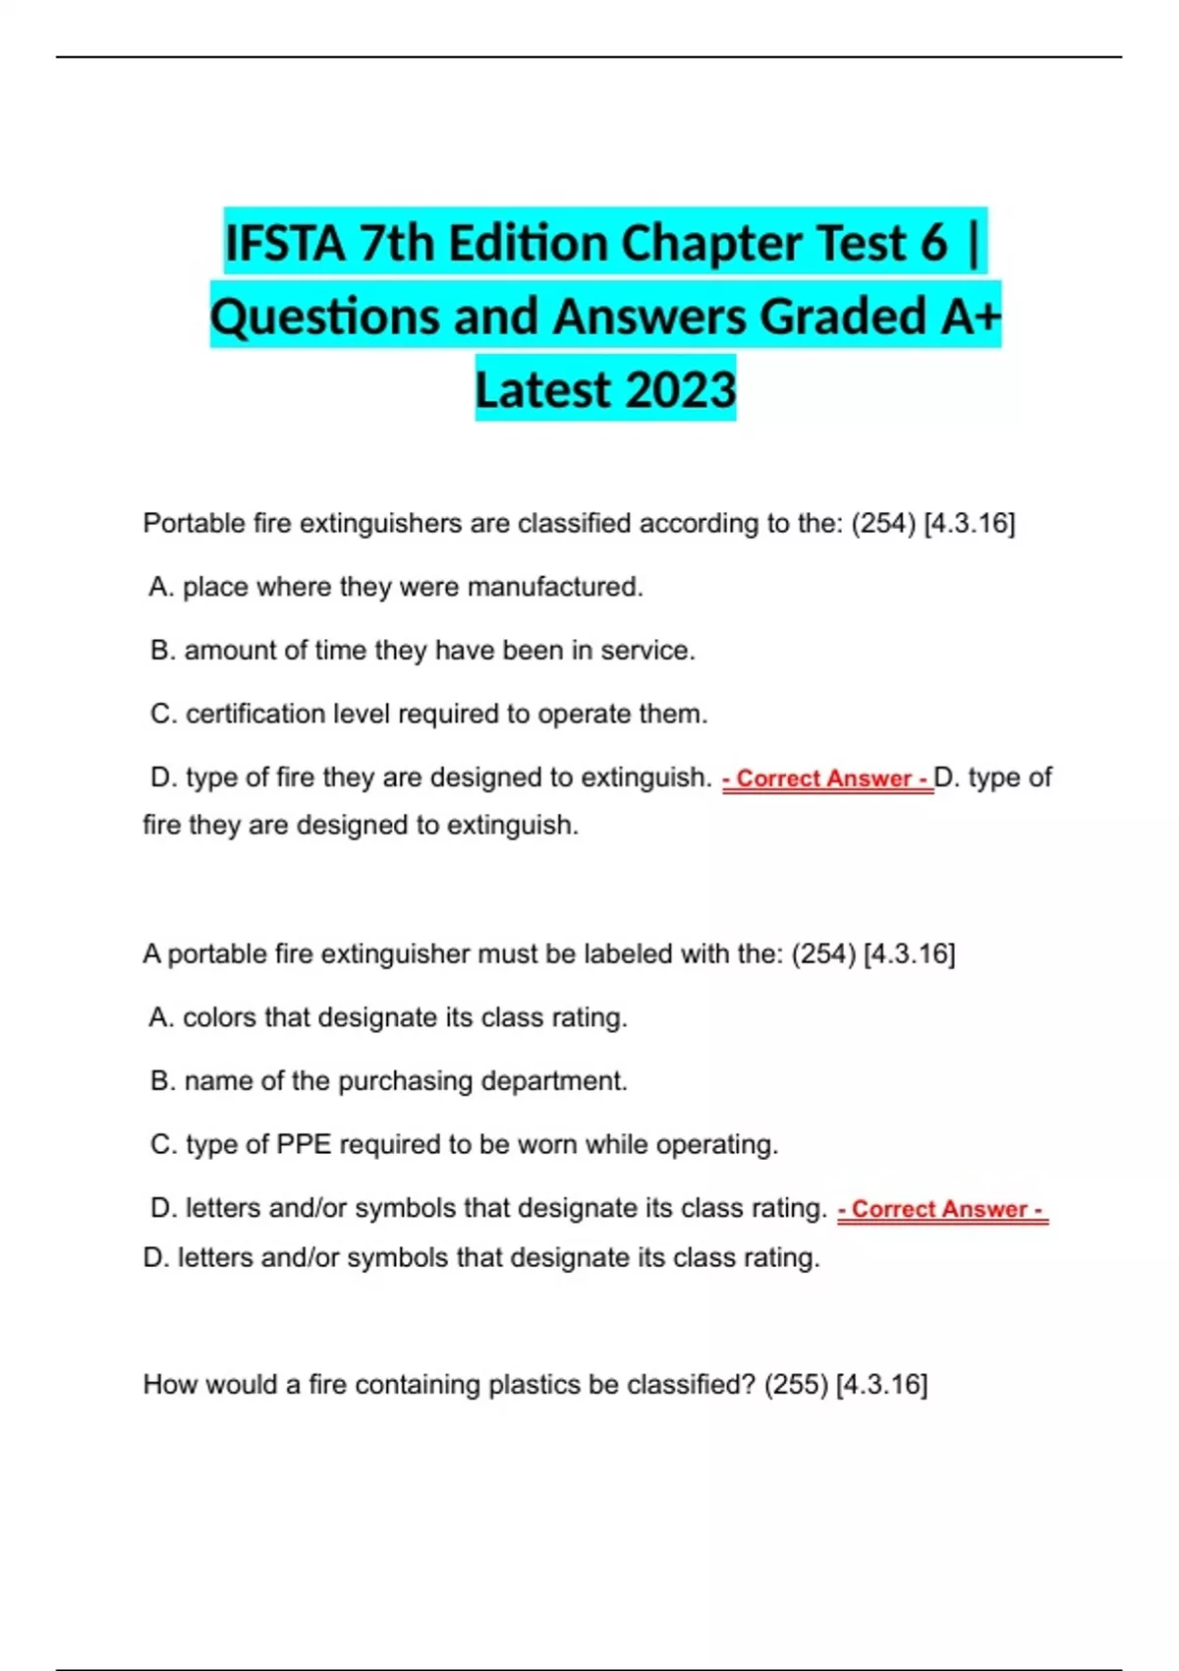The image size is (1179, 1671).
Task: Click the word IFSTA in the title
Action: point(285,244)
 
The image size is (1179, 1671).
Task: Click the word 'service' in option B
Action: point(647,651)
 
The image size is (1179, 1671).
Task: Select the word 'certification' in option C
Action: point(255,714)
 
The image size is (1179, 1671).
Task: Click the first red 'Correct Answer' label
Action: point(827,778)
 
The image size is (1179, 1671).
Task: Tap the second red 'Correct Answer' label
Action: point(943,1209)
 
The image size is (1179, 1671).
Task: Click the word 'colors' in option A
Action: point(218,1017)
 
